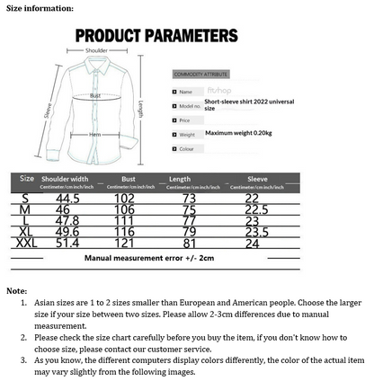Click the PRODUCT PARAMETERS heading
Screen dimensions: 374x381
156,36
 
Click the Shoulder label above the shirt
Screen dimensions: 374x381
96,51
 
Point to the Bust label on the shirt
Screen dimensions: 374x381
95,95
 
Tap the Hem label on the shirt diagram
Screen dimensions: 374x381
94,134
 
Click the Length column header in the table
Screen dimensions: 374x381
179,179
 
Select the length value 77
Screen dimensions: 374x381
189,220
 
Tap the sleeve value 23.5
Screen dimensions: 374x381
257,231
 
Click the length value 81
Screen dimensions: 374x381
189,243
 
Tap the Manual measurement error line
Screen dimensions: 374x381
149,258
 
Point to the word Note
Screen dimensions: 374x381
16,291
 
